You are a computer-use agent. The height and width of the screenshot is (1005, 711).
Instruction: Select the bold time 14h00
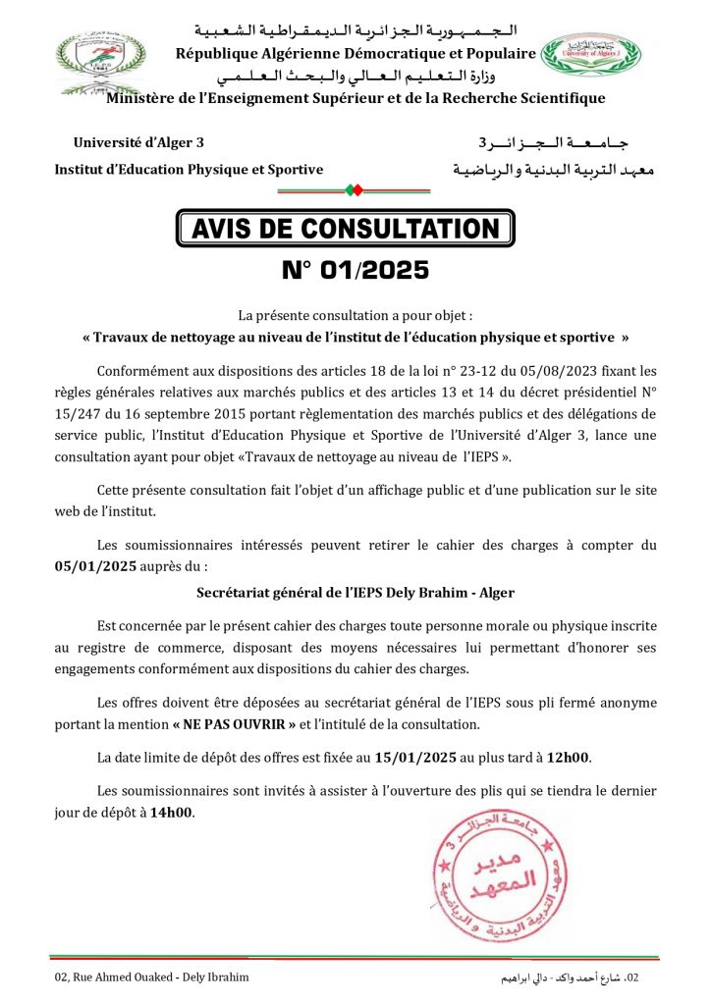click(x=171, y=812)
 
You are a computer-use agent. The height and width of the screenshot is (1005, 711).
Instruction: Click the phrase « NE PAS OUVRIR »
click(x=236, y=724)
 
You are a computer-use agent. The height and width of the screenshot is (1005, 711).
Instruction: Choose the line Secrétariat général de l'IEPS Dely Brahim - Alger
click(x=355, y=593)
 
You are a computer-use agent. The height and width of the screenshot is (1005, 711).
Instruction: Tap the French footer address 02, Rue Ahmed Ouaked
click(x=152, y=978)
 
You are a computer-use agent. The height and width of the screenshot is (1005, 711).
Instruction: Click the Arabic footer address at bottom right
click(x=571, y=978)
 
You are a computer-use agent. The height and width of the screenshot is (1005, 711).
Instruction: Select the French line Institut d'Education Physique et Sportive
click(x=188, y=169)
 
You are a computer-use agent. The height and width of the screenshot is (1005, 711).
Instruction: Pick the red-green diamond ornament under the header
click(x=355, y=188)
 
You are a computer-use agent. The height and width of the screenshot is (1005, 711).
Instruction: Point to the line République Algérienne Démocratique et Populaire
click(x=355, y=53)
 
